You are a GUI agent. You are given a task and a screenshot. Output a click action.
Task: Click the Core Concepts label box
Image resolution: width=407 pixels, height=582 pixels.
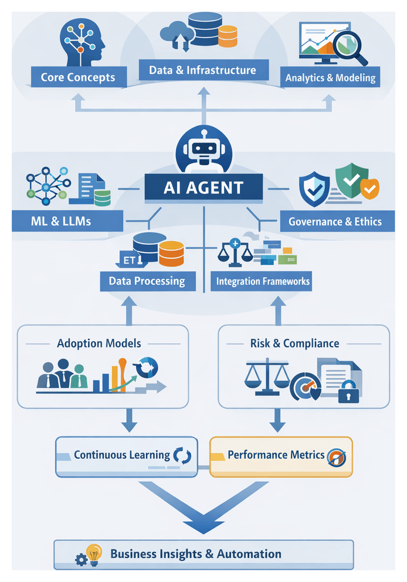[77, 77]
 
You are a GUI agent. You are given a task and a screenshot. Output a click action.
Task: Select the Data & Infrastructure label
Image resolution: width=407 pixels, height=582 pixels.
[203, 70]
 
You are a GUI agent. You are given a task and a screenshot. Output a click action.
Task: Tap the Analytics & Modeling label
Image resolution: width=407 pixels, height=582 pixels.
[330, 77]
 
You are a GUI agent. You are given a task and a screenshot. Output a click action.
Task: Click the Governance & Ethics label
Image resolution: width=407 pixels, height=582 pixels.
[335, 222]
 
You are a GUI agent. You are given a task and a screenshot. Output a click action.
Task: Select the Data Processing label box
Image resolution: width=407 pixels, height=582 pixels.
[147, 281]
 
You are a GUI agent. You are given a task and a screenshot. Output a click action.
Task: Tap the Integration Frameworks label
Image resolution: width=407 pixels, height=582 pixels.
[263, 281]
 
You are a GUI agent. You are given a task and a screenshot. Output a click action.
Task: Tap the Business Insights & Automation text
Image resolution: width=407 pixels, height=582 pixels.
[196, 553]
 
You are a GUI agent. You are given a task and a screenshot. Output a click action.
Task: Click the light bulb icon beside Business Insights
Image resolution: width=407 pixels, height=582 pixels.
[94, 552]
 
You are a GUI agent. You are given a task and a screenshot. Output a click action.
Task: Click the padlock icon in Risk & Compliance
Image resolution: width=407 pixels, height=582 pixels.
[349, 393]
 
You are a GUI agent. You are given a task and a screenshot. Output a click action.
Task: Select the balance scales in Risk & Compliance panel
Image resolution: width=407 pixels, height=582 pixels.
[267, 376]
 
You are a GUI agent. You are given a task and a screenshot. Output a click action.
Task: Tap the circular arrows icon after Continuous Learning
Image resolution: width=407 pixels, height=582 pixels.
[181, 455]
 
